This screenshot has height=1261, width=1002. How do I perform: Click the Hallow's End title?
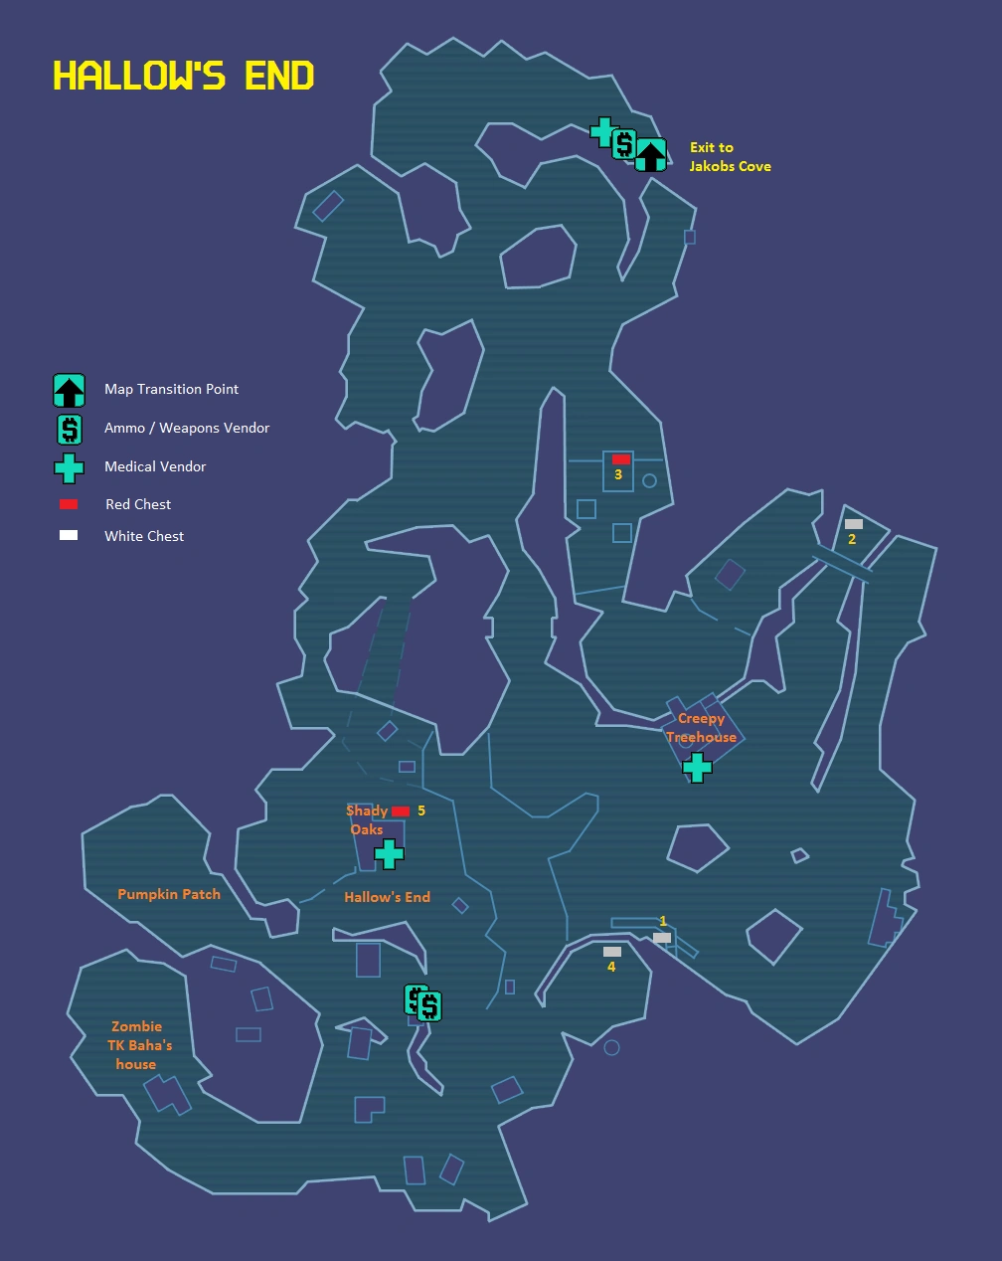click(184, 76)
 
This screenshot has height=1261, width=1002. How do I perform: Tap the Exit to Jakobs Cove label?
click(730, 156)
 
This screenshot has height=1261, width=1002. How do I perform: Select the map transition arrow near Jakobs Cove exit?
click(650, 154)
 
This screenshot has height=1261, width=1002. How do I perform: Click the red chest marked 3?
click(621, 459)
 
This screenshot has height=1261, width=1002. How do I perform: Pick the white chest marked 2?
click(853, 524)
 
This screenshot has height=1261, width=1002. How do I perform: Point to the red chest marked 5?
click(401, 811)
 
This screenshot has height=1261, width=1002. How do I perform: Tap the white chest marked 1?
click(662, 938)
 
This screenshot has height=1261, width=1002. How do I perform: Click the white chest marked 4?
click(612, 952)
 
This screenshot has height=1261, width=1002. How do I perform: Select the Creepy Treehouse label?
click(701, 727)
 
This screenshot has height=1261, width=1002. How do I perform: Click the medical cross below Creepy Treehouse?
click(697, 767)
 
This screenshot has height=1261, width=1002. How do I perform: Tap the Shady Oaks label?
click(367, 819)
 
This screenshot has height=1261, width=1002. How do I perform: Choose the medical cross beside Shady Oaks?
click(389, 853)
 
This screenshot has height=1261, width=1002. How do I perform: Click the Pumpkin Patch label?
click(169, 894)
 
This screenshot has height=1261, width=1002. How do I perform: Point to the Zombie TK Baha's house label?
click(139, 1044)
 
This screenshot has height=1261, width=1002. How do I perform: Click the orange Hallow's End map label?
click(387, 897)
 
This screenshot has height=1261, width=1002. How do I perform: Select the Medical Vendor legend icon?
click(69, 467)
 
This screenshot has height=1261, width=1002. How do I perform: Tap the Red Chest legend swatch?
click(69, 504)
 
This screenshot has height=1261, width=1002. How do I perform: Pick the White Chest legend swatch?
click(69, 535)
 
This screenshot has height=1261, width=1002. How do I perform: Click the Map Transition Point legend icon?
click(69, 390)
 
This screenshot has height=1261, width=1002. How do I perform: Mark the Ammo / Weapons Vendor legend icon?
click(69, 429)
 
